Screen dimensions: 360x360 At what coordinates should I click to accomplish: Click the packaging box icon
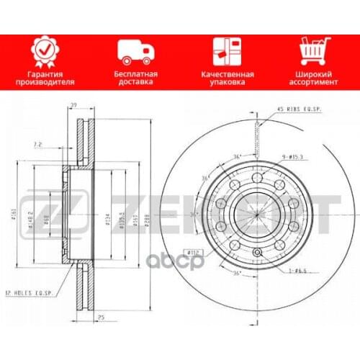tap(225, 51)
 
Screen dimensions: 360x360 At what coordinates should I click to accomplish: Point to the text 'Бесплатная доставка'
tap(135, 78)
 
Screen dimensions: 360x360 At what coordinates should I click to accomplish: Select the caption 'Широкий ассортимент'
tap(314, 78)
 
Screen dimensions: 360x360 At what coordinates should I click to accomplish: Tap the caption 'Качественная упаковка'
tap(225, 78)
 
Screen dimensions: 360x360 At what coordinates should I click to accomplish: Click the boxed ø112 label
tap(193, 251)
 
